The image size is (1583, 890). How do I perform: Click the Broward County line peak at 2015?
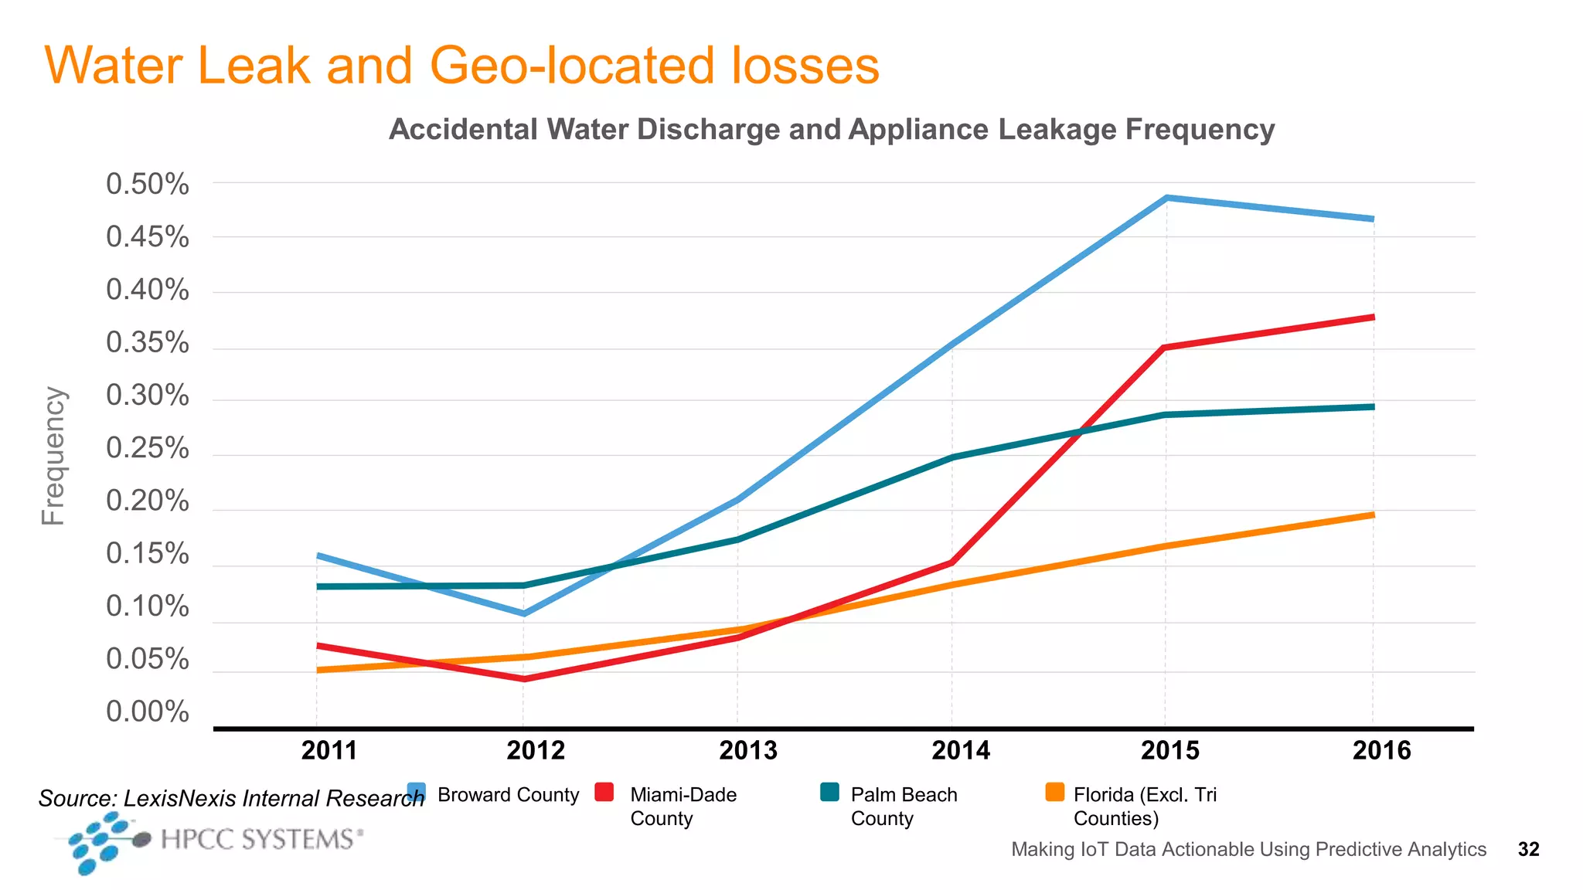pyautogui.click(x=1166, y=199)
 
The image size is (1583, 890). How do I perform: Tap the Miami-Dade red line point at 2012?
pyautogui.click(x=524, y=678)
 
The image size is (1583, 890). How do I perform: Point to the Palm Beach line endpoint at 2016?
pyautogui.click(x=1372, y=406)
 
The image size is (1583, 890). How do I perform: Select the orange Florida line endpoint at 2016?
pyautogui.click(x=1372, y=515)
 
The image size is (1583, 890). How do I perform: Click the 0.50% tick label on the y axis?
pyautogui.click(x=147, y=185)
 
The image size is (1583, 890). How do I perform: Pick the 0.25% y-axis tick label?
pyautogui.click(x=147, y=448)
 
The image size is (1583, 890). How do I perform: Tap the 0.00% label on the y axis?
pyautogui.click(x=147, y=712)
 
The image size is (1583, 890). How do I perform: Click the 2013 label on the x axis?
pyautogui.click(x=747, y=750)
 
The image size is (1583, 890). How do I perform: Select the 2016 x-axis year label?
pyautogui.click(x=1381, y=750)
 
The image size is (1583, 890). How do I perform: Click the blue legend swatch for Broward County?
pyautogui.click(x=417, y=793)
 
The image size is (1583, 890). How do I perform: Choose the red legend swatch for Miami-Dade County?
pyautogui.click(x=604, y=793)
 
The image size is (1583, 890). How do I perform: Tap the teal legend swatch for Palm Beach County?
pyautogui.click(x=829, y=793)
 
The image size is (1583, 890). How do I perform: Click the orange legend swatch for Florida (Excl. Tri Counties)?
pyautogui.click(x=1054, y=793)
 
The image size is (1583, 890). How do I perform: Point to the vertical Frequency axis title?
pyautogui.click(x=53, y=456)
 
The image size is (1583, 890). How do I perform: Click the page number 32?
pyautogui.click(x=1528, y=849)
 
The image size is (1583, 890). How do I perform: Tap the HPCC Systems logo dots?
pyautogui.click(x=100, y=843)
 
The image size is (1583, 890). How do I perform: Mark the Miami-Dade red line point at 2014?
pyautogui.click(x=952, y=562)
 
